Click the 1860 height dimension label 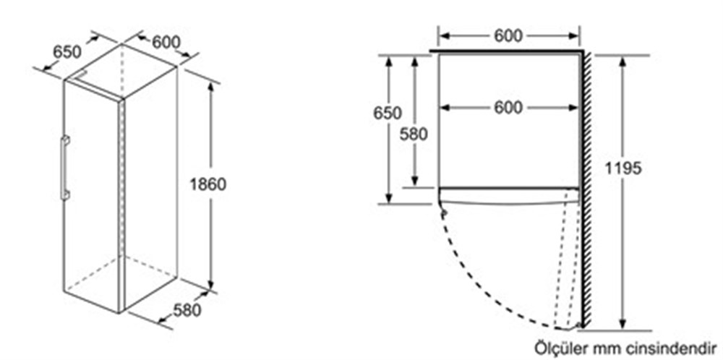[208, 184]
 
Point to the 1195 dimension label [623, 168]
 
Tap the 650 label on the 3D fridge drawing [67, 51]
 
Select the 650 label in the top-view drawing [388, 113]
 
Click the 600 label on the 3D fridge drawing [166, 43]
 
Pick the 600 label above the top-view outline [508, 35]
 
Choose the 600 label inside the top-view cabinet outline [508, 108]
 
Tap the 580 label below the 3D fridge [187, 309]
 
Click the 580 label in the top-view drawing [414, 134]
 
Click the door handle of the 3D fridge [64, 168]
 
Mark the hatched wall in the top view [586, 189]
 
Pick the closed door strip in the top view [508, 195]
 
